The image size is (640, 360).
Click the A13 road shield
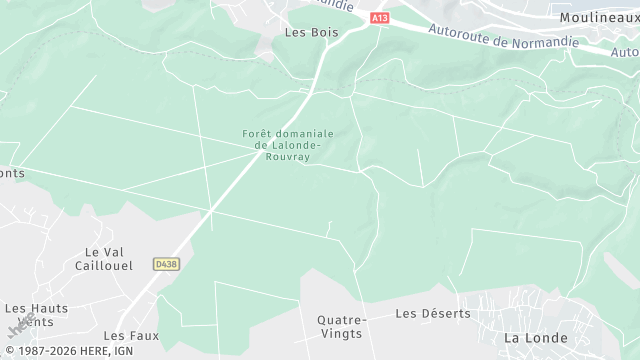point(379,18)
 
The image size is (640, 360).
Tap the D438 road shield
point(166,264)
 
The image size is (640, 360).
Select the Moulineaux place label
point(600,18)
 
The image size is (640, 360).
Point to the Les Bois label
point(311,32)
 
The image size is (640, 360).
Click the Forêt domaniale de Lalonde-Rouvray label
point(287,145)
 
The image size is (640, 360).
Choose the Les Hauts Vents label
point(36,315)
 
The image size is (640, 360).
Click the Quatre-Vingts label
point(342,326)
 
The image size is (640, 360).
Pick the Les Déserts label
point(432,313)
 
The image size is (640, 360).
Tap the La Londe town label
point(535,338)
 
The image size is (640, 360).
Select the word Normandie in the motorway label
point(546,42)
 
